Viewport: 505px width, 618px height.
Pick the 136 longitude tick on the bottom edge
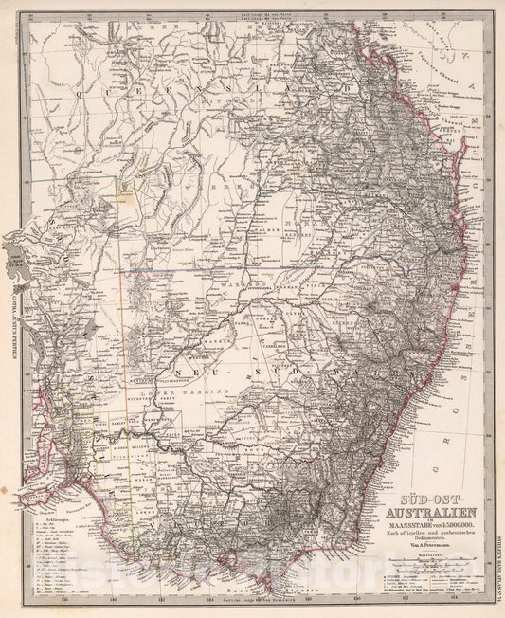(x=63, y=597)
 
